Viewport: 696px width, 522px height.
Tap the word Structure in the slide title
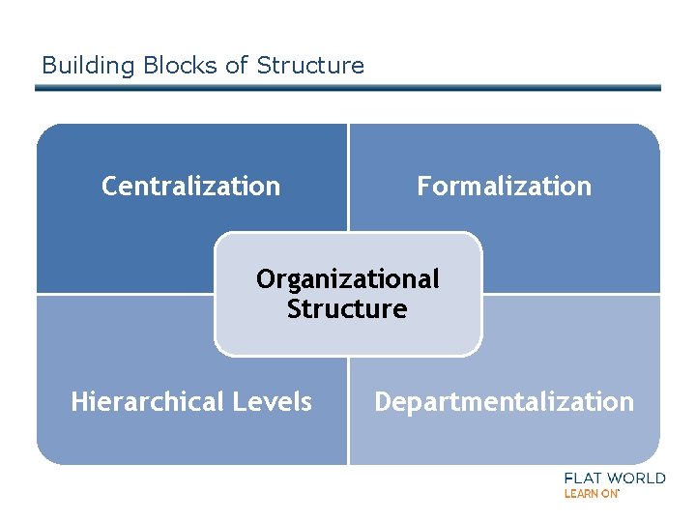coord(310,66)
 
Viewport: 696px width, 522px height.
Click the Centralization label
coord(191,186)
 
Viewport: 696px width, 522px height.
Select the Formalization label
coord(504,186)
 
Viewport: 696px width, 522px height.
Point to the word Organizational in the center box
coord(347,279)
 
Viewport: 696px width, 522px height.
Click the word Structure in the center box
coord(347,309)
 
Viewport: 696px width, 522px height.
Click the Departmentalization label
coord(504,402)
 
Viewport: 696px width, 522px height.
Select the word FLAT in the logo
coord(586,478)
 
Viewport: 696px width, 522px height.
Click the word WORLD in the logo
coord(638,478)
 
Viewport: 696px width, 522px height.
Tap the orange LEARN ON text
coord(591,494)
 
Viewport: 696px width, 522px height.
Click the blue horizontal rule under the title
coord(348,88)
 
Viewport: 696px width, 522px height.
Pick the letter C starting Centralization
coord(109,186)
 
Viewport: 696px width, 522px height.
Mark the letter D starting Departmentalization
coord(383,402)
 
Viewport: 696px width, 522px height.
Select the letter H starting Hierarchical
coord(79,402)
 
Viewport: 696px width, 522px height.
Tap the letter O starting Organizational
coord(265,279)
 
